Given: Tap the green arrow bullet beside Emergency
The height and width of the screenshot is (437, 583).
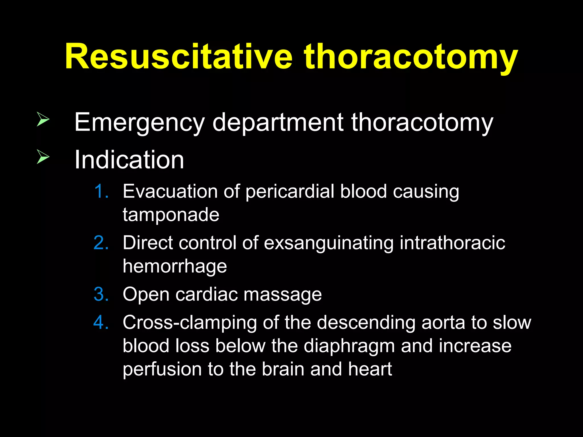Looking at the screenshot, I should click(43, 119).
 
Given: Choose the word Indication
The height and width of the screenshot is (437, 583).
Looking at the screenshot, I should click(129, 160).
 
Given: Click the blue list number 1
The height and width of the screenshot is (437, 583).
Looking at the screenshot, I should click(101, 191).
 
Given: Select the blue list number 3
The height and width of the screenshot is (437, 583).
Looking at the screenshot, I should click(101, 294).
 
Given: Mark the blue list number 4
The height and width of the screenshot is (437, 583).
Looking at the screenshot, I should click(101, 323).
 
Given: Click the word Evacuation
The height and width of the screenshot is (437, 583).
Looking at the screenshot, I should click(170, 191).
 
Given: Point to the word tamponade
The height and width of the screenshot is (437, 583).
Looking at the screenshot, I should click(171, 215).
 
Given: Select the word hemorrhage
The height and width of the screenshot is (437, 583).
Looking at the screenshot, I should click(175, 267).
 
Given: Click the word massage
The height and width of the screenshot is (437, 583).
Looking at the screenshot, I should click(283, 295).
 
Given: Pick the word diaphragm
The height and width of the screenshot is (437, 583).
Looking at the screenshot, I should click(349, 347).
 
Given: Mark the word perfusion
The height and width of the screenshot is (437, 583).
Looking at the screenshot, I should click(162, 369).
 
